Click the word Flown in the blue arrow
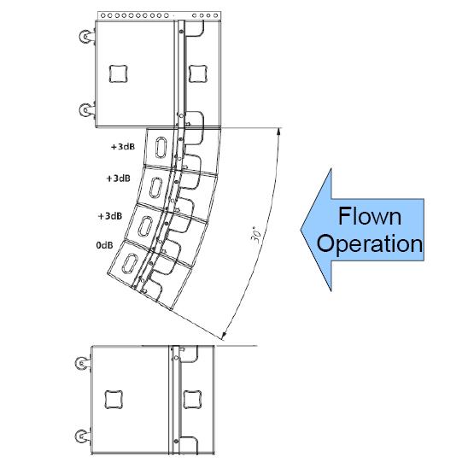point(370,216)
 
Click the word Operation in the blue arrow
point(370,243)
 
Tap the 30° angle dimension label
point(257,235)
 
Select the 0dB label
point(104,245)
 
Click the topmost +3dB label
point(123,147)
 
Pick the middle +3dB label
point(118,178)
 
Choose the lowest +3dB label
point(110,216)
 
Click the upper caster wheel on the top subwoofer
point(86,37)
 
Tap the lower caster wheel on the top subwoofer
point(86,110)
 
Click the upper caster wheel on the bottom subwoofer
point(82,363)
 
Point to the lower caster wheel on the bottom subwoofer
point(82,436)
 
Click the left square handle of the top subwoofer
point(118,73)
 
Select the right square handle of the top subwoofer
point(198,73)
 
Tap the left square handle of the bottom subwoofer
point(114,399)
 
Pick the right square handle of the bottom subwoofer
point(192,399)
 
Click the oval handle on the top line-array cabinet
point(161,147)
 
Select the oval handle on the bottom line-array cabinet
point(130,264)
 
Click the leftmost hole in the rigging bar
point(103,15)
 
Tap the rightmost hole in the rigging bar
point(215,15)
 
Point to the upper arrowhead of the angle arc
point(278,131)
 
